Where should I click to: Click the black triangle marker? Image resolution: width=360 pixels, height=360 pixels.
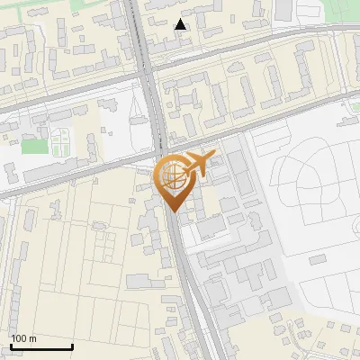pos(181,24)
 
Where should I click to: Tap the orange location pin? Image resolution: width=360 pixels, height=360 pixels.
pos(175,180)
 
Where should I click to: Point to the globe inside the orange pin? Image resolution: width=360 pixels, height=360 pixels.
pos(171,175)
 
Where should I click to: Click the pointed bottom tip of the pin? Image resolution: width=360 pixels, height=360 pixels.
pos(173,211)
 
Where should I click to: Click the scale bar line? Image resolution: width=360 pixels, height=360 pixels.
pos(41,347)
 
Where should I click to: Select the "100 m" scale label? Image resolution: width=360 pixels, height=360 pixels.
pos(24,339)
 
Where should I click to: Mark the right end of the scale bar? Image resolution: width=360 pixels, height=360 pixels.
pos(72,347)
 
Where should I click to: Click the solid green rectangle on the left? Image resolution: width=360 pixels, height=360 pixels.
pos(33,146)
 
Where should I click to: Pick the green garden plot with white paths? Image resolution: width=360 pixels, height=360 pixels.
pos(60,141)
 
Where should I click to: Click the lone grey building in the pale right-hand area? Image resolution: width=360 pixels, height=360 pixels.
pos(319,259)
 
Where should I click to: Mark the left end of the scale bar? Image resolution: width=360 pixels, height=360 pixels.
pos(11,347)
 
